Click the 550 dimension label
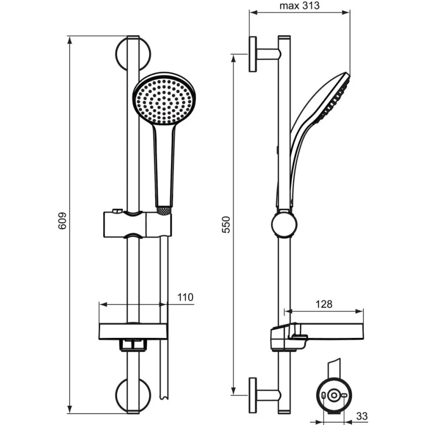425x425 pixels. tap(225, 223)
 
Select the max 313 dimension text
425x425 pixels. tap(300, 6)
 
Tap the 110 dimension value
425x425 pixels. tap(186, 297)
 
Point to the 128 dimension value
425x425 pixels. tap(324, 304)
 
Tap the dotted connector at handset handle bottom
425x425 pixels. tap(164, 210)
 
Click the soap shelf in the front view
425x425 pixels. tap(132, 332)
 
